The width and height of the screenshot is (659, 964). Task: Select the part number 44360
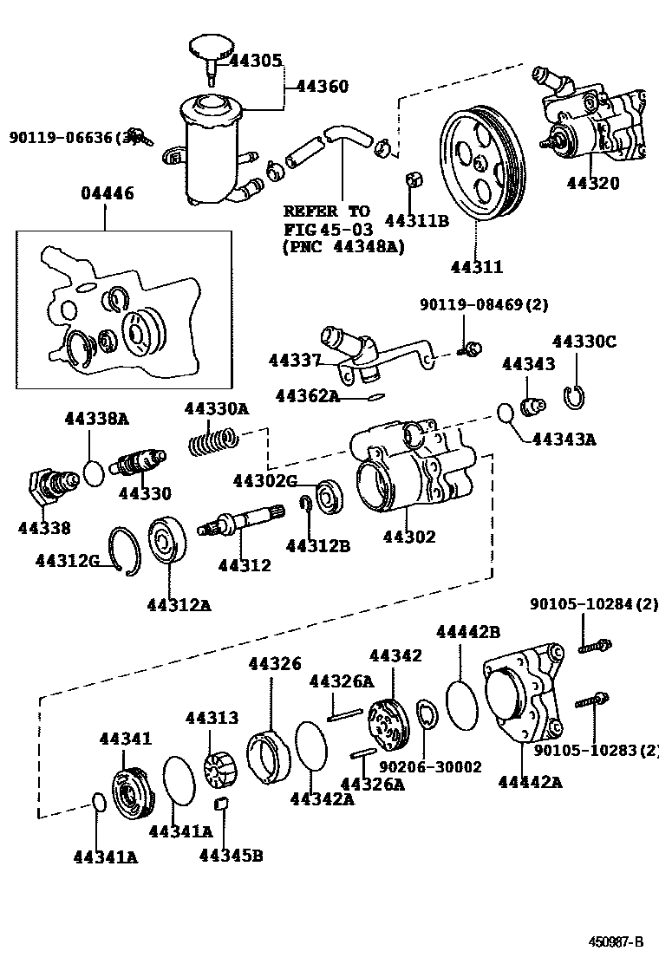click(322, 86)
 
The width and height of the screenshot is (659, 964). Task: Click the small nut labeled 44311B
click(414, 181)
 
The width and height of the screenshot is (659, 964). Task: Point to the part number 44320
click(593, 183)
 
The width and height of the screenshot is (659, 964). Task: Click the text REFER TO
click(326, 211)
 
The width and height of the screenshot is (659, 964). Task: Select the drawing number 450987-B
click(617, 941)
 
